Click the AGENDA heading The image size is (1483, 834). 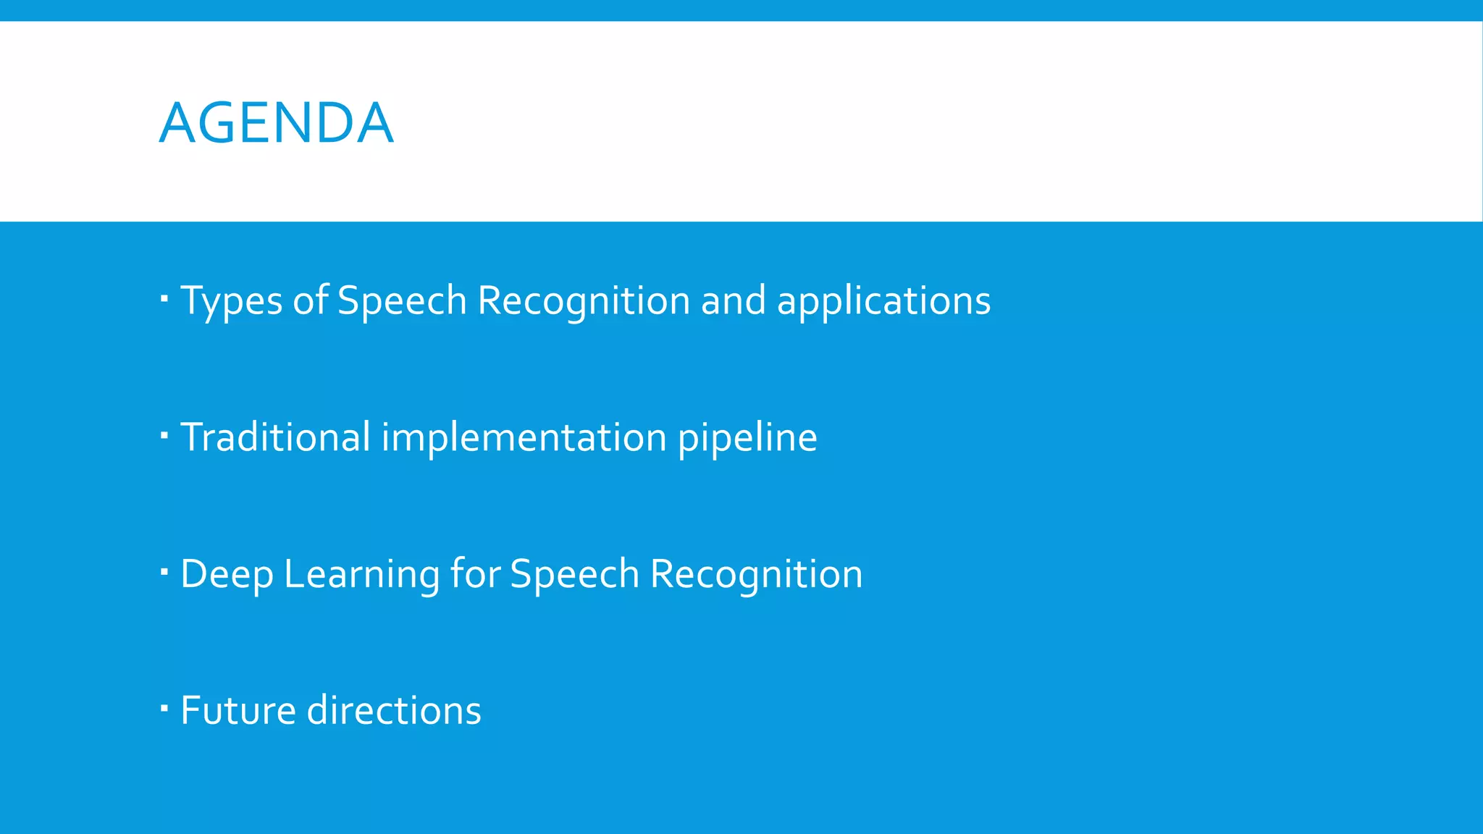coord(276,123)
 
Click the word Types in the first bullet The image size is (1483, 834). coord(231,300)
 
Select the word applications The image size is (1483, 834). coord(883,300)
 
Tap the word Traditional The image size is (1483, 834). coord(275,437)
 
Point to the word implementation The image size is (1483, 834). coord(524,437)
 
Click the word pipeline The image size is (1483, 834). coord(747,437)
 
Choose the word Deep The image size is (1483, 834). coord(227,574)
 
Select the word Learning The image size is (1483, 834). coord(362,574)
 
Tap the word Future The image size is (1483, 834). coord(238,710)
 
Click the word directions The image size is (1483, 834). coord(394,710)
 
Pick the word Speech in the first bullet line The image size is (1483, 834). coord(402,300)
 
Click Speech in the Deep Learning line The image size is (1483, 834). coord(574,574)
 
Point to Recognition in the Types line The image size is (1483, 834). coord(584,300)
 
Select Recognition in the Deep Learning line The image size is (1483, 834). coord(756,574)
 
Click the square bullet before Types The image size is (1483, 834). coord(164,298)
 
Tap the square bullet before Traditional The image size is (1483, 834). coord(164,434)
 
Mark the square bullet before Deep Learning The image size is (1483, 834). coord(164,571)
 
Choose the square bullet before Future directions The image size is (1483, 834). coord(164,707)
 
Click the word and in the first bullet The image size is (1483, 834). coord(733,300)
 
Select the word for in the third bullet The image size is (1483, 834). coord(475,574)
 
